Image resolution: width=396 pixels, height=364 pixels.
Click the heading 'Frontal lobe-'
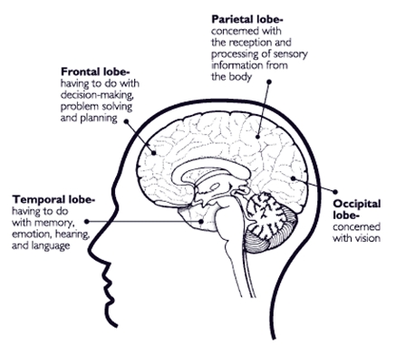click(95, 72)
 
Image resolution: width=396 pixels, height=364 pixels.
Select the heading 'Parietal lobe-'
click(247, 19)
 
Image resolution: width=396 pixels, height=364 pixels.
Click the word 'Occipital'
click(357, 205)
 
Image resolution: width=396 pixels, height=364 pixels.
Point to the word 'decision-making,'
click(97, 95)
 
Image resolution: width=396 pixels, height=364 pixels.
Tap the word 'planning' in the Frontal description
click(99, 119)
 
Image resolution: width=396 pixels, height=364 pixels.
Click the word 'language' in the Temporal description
click(51, 245)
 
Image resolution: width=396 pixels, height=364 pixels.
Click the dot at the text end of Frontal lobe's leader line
click(126, 121)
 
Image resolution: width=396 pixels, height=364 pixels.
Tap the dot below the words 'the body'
click(269, 81)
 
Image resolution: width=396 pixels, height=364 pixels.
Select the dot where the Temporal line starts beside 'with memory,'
click(87, 222)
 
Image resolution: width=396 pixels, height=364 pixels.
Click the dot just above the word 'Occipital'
click(335, 192)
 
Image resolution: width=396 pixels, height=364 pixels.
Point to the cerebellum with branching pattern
click(266, 216)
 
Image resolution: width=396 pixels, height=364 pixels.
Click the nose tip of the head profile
click(93, 245)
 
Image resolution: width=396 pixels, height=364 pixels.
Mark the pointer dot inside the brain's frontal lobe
click(154, 153)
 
